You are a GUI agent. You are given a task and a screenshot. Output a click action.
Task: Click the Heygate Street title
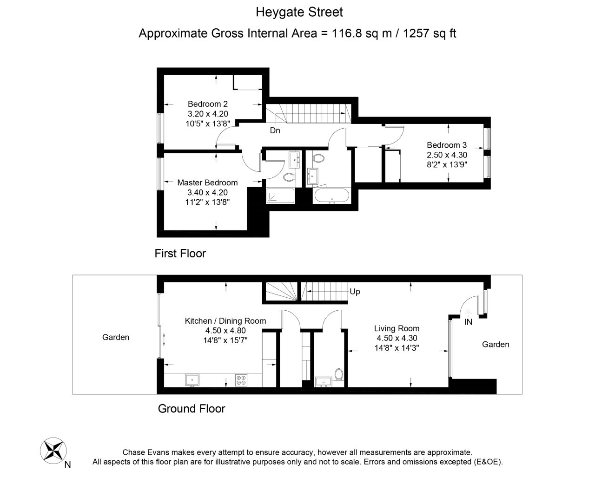(x=299, y=12)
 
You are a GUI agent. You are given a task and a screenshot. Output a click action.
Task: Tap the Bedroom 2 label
(x=208, y=104)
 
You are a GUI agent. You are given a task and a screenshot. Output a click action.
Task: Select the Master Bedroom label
(x=207, y=183)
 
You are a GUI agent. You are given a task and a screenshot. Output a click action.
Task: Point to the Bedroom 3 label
(x=447, y=145)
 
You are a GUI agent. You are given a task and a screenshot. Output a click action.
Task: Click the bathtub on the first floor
(x=332, y=196)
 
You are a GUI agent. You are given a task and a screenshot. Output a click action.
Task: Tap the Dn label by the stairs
(x=275, y=131)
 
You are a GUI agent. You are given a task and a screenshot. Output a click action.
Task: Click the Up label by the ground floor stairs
(x=355, y=292)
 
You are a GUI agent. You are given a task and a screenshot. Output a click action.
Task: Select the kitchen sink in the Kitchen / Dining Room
(x=192, y=380)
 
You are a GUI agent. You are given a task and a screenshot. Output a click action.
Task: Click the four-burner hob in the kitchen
(x=241, y=380)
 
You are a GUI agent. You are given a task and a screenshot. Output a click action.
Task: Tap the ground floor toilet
(x=339, y=374)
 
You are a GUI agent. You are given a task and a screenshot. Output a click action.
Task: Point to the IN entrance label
(x=468, y=322)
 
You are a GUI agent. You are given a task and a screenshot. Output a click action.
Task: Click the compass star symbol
(x=53, y=451)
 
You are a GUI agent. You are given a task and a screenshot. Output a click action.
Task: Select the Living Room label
(x=397, y=328)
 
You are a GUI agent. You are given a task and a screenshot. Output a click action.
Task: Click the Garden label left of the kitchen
(x=116, y=337)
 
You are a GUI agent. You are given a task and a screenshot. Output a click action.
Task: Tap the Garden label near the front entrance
(x=496, y=344)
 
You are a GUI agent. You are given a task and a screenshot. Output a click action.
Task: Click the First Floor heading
(x=180, y=254)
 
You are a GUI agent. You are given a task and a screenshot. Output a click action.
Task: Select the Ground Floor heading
(x=192, y=408)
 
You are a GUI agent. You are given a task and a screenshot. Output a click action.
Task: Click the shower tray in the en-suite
(x=280, y=196)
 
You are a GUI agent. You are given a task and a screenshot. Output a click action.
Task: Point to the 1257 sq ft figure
(x=430, y=33)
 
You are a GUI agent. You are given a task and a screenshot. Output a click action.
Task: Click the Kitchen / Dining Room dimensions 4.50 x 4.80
(x=225, y=331)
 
